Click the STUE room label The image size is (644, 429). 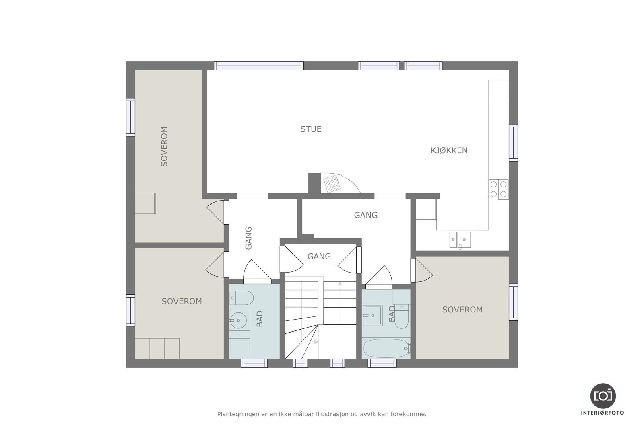(311, 129)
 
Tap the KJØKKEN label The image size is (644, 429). (449, 150)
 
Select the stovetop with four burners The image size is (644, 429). (498, 189)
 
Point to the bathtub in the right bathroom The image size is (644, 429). (386, 348)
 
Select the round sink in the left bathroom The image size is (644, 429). (239, 320)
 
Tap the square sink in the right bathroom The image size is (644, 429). (373, 315)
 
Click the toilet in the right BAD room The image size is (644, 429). (402, 317)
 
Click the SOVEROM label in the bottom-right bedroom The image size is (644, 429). (462, 310)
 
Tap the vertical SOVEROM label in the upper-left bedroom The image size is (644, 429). (164, 146)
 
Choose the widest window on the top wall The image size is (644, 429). (258, 66)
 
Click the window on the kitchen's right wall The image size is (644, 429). (513, 143)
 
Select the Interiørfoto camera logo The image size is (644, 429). (603, 396)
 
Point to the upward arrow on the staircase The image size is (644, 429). (340, 284)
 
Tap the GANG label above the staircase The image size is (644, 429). (319, 256)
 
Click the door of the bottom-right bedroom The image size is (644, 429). (423, 270)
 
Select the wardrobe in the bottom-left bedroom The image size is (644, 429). (157, 348)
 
